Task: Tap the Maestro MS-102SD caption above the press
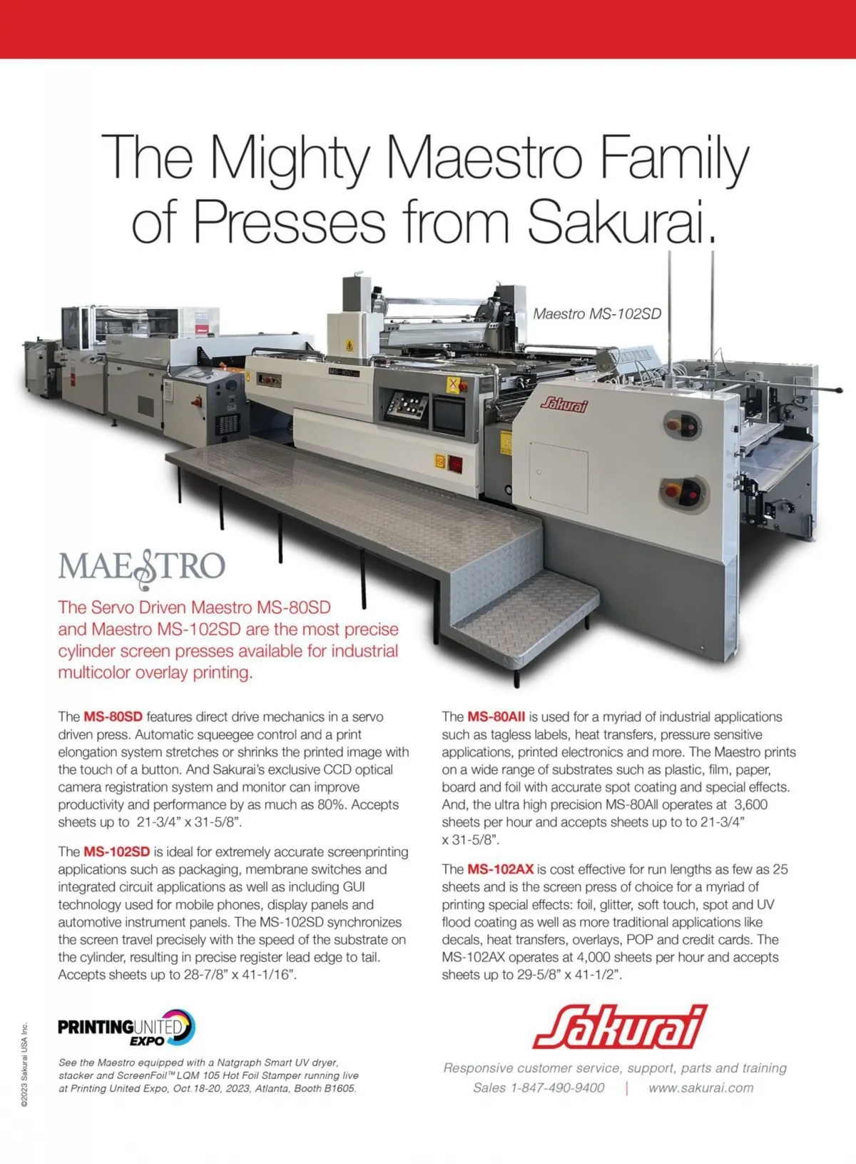(597, 314)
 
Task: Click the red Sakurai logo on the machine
(564, 404)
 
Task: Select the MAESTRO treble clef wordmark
(141, 568)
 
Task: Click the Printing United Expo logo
(126, 1028)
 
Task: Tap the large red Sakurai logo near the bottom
(620, 1027)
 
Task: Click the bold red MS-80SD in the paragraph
(113, 717)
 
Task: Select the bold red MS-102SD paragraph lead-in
(116, 851)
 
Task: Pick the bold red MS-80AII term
(496, 717)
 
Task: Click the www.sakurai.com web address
(700, 1088)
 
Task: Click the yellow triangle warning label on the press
(349, 345)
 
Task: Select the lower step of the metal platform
(524, 622)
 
